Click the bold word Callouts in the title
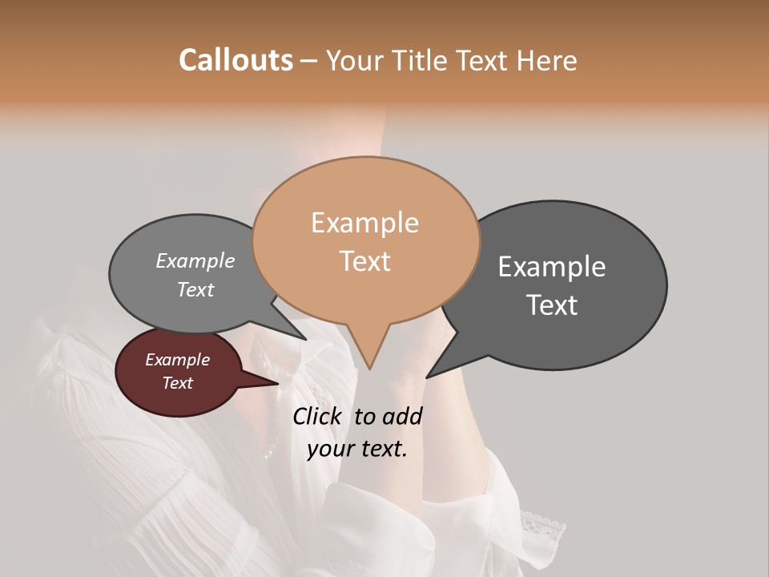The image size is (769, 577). (x=236, y=60)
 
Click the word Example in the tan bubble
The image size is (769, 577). (x=364, y=223)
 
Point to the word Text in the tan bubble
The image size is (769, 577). (x=364, y=260)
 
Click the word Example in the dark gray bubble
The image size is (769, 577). (x=552, y=267)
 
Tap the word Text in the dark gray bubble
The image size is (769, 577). (x=552, y=305)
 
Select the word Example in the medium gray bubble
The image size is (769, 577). (x=195, y=260)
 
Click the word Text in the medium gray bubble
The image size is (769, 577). (x=195, y=289)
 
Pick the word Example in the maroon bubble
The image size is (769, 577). (x=177, y=360)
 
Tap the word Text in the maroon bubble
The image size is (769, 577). (x=177, y=383)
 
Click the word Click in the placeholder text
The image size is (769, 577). (x=318, y=416)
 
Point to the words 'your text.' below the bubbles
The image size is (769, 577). (x=357, y=449)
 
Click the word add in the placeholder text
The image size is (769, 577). (x=401, y=416)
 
